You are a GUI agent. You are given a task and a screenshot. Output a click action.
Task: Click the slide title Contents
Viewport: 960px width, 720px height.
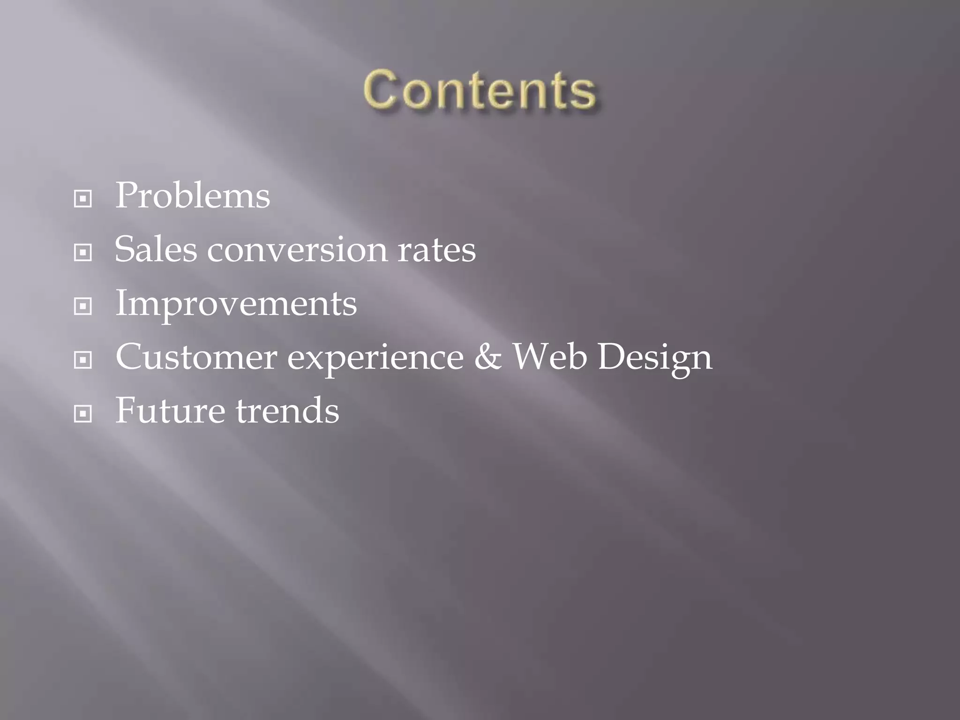(x=479, y=90)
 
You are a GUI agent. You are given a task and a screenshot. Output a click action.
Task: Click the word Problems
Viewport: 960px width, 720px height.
(x=193, y=195)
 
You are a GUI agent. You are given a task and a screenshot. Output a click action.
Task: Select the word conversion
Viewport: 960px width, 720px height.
(x=297, y=249)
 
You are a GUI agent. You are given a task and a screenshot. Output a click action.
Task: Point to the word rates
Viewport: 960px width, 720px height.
(x=436, y=249)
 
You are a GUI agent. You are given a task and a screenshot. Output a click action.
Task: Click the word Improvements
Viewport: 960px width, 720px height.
(x=236, y=303)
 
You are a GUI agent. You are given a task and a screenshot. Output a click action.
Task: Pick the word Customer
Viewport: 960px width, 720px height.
(x=196, y=357)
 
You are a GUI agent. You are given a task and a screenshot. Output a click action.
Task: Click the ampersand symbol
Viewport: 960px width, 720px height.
(x=487, y=357)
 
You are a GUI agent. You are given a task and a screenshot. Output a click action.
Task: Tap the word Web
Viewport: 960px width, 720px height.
(x=549, y=357)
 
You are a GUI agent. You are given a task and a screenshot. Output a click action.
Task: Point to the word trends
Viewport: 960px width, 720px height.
(x=287, y=411)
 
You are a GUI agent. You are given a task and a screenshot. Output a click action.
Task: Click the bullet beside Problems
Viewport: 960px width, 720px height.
(x=83, y=199)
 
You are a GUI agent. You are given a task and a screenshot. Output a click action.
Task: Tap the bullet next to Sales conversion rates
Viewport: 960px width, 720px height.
(x=83, y=253)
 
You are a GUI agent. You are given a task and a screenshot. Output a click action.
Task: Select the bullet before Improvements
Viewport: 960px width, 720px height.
(x=83, y=307)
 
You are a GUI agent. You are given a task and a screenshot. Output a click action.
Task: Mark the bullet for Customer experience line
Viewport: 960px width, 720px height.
(x=83, y=360)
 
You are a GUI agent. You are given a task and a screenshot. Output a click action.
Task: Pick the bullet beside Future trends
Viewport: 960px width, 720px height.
(x=83, y=414)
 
